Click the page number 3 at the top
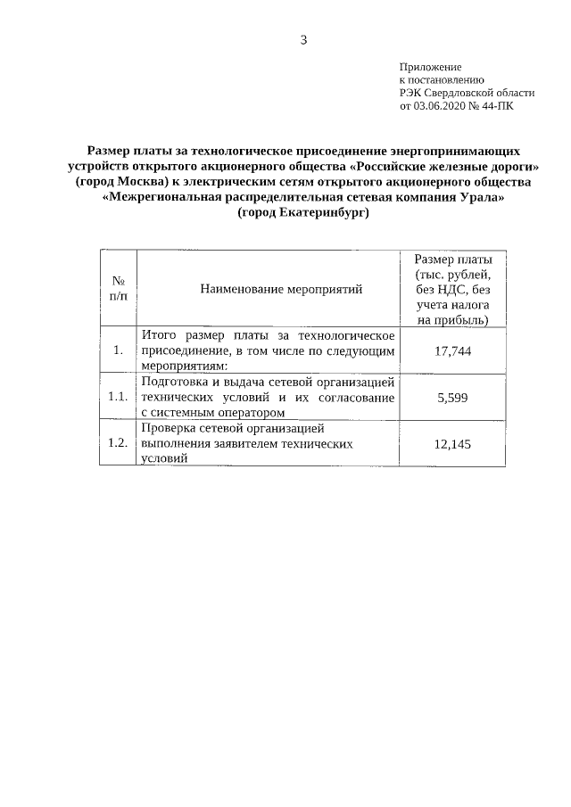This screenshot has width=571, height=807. point(303,39)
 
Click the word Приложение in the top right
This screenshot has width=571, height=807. point(430,67)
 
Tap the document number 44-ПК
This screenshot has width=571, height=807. point(499,104)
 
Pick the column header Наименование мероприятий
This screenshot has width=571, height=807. point(269,289)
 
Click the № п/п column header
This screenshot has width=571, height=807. point(118,289)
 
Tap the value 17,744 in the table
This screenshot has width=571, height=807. point(452,350)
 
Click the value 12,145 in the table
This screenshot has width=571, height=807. point(452,443)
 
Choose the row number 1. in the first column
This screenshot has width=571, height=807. point(118,350)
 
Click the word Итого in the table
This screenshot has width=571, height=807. point(161,335)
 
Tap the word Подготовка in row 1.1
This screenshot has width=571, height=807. point(175,382)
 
